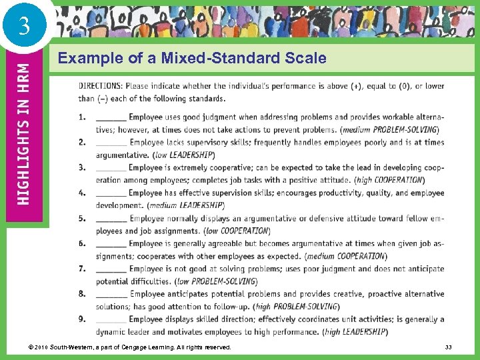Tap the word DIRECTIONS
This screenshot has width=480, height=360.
pyautogui.click(x=100, y=86)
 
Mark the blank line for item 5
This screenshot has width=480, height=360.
pyautogui.click(x=111, y=219)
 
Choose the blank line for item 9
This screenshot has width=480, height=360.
pyautogui.click(x=111, y=320)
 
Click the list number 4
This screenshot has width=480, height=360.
pyautogui.click(x=82, y=193)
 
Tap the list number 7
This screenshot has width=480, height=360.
pyautogui.click(x=82, y=269)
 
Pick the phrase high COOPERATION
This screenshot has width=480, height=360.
pyautogui.click(x=390, y=180)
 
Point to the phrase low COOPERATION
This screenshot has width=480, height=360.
pyautogui.click(x=237, y=231)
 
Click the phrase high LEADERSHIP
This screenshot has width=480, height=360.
pyautogui.click(x=355, y=332)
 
